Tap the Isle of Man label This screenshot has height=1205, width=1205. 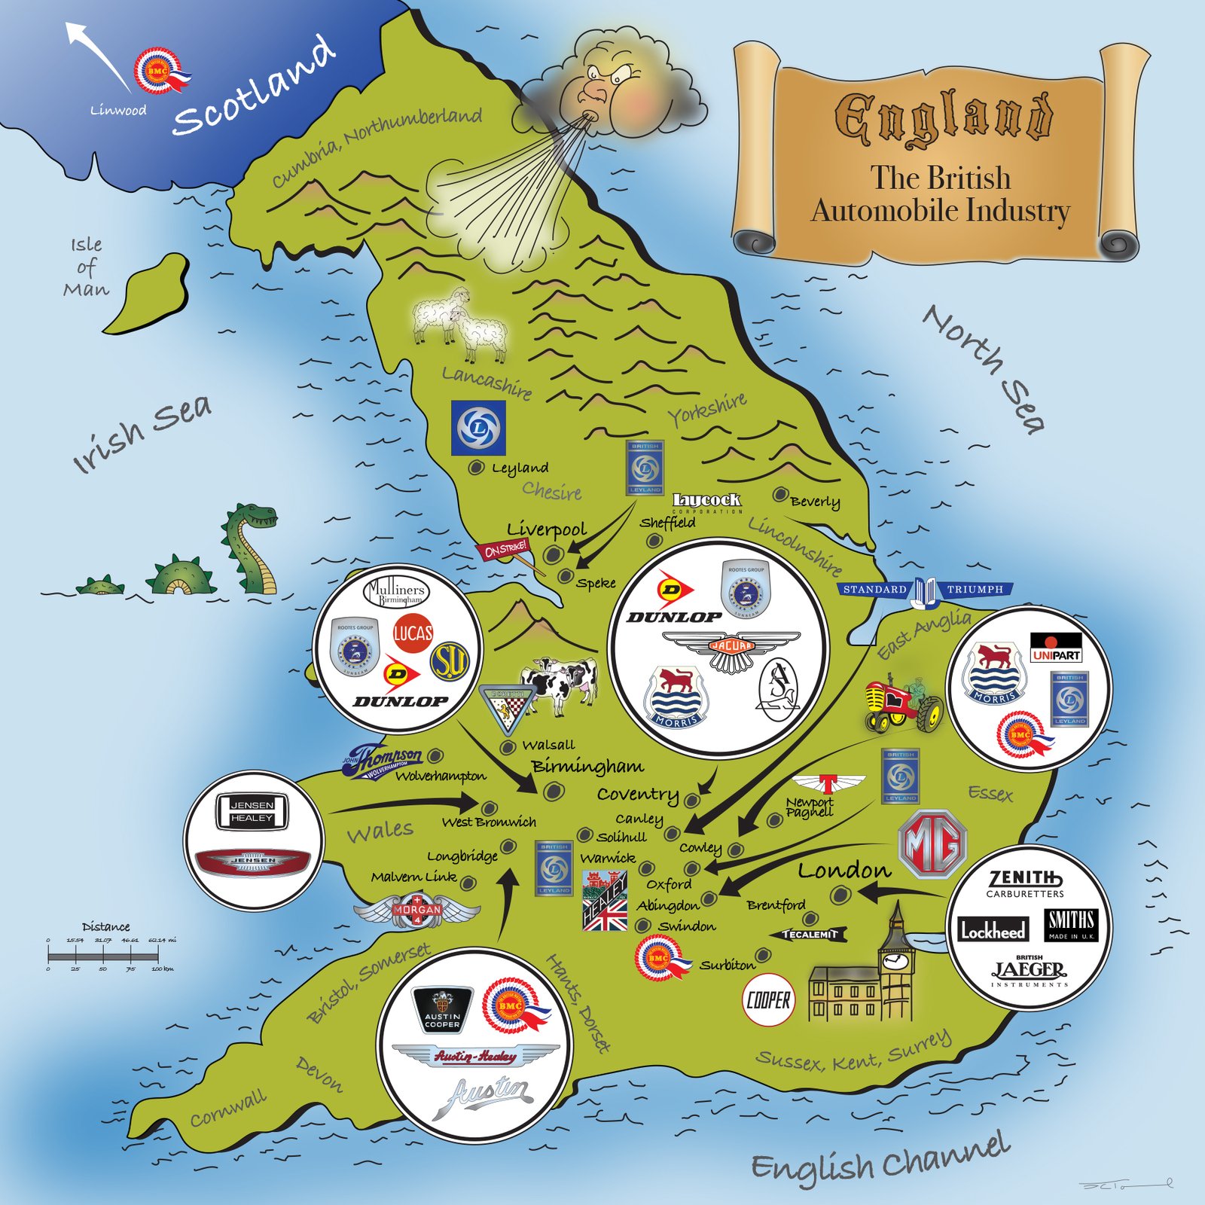click(86, 267)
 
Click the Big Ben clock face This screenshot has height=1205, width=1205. click(895, 962)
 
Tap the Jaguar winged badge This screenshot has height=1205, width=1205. click(731, 648)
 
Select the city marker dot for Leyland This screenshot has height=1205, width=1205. click(476, 468)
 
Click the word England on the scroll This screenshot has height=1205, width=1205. click(943, 118)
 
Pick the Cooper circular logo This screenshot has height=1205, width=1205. click(768, 1000)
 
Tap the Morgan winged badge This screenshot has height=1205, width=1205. click(416, 910)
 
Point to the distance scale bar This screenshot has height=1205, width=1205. click(104, 956)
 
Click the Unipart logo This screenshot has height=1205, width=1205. click(1056, 648)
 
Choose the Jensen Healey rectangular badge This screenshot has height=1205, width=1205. click(252, 812)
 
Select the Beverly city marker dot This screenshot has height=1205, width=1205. click(780, 495)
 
